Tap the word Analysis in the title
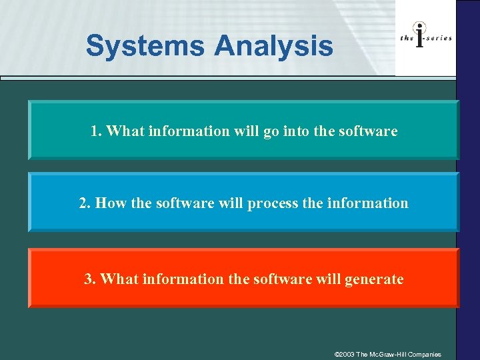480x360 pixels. (x=273, y=46)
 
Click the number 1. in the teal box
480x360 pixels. (x=96, y=131)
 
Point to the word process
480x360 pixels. (x=273, y=203)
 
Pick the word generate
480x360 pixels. (x=374, y=279)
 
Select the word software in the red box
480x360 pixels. (x=279, y=279)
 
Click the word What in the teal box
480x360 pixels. (x=125, y=131)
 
